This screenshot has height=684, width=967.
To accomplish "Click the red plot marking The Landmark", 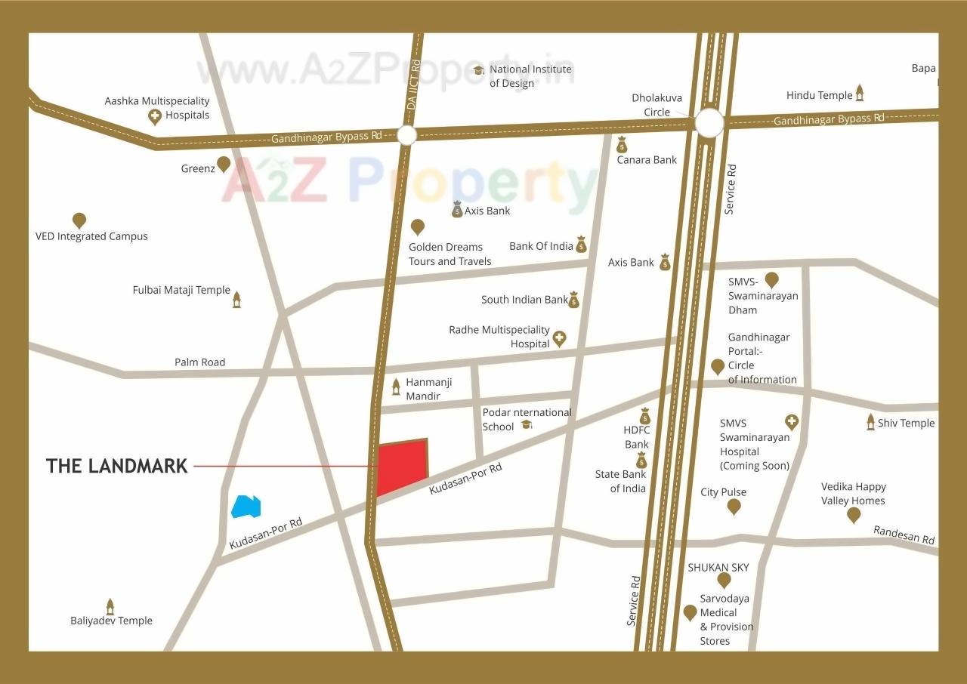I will tap(401, 467).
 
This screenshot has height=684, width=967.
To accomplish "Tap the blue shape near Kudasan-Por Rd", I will tap(246, 506).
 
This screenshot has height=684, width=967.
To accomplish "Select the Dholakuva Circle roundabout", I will tap(709, 122).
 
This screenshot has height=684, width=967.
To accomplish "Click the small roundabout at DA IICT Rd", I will tap(406, 135).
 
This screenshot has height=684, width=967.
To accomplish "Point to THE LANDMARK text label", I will tap(116, 466).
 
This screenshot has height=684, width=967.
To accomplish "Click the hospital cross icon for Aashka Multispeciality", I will tap(155, 116).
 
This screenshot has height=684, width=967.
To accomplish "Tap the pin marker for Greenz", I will tap(224, 164).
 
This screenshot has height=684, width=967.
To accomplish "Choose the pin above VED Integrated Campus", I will tap(79, 220).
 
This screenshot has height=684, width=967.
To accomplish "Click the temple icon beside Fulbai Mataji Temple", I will tap(236, 299).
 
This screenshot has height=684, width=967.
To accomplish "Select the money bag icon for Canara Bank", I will tap(622, 144).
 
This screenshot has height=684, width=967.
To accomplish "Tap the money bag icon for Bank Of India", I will tap(581, 245).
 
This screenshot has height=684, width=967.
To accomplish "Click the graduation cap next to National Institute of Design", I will tap(478, 70).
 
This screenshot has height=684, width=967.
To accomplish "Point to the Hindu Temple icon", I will tap(859, 94).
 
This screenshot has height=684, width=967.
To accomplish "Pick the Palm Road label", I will tap(199, 362).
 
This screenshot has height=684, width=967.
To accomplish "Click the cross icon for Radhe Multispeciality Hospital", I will tap(559, 337).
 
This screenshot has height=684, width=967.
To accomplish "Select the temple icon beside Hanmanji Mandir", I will tap(396, 387).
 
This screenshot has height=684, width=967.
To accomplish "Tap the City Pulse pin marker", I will tap(734, 507).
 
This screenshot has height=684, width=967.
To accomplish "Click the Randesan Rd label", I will tap(904, 535).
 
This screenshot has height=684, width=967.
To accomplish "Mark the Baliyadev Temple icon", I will tap(110, 606).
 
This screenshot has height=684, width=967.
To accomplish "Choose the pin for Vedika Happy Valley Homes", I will tap(854, 515).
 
